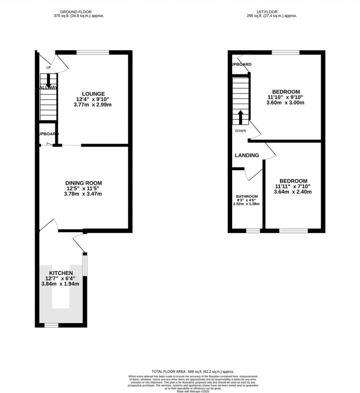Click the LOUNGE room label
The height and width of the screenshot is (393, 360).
pyautogui.click(x=93, y=94)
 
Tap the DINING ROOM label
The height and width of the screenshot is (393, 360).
pyautogui.click(x=84, y=183)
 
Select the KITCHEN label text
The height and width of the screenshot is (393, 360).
pyautogui.click(x=61, y=273)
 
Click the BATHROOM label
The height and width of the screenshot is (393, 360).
pyautogui.click(x=246, y=196)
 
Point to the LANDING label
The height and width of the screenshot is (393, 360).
pyautogui.click(x=247, y=155)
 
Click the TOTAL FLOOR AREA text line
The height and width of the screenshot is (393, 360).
pyautogui.click(x=193, y=372)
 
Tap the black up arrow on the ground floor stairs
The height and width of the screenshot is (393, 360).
pyautogui.click(x=48, y=79)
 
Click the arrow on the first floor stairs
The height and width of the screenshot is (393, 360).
pyautogui.click(x=241, y=117)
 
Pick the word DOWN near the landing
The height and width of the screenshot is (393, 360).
pyautogui.click(x=240, y=131)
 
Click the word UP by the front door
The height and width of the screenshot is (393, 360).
pyautogui.click(x=49, y=67)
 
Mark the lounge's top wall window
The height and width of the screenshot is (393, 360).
pyautogui.click(x=93, y=53)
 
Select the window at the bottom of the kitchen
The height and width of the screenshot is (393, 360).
pyautogui.click(x=51, y=326)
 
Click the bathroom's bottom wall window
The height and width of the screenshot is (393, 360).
pyautogui.click(x=253, y=231)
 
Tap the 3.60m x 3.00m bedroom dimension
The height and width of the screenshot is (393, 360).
pyautogui.click(x=285, y=103)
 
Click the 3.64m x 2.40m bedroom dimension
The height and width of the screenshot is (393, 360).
pyautogui.click(x=292, y=192)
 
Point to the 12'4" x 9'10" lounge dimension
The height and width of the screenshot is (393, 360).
pyautogui.click(x=93, y=99)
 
